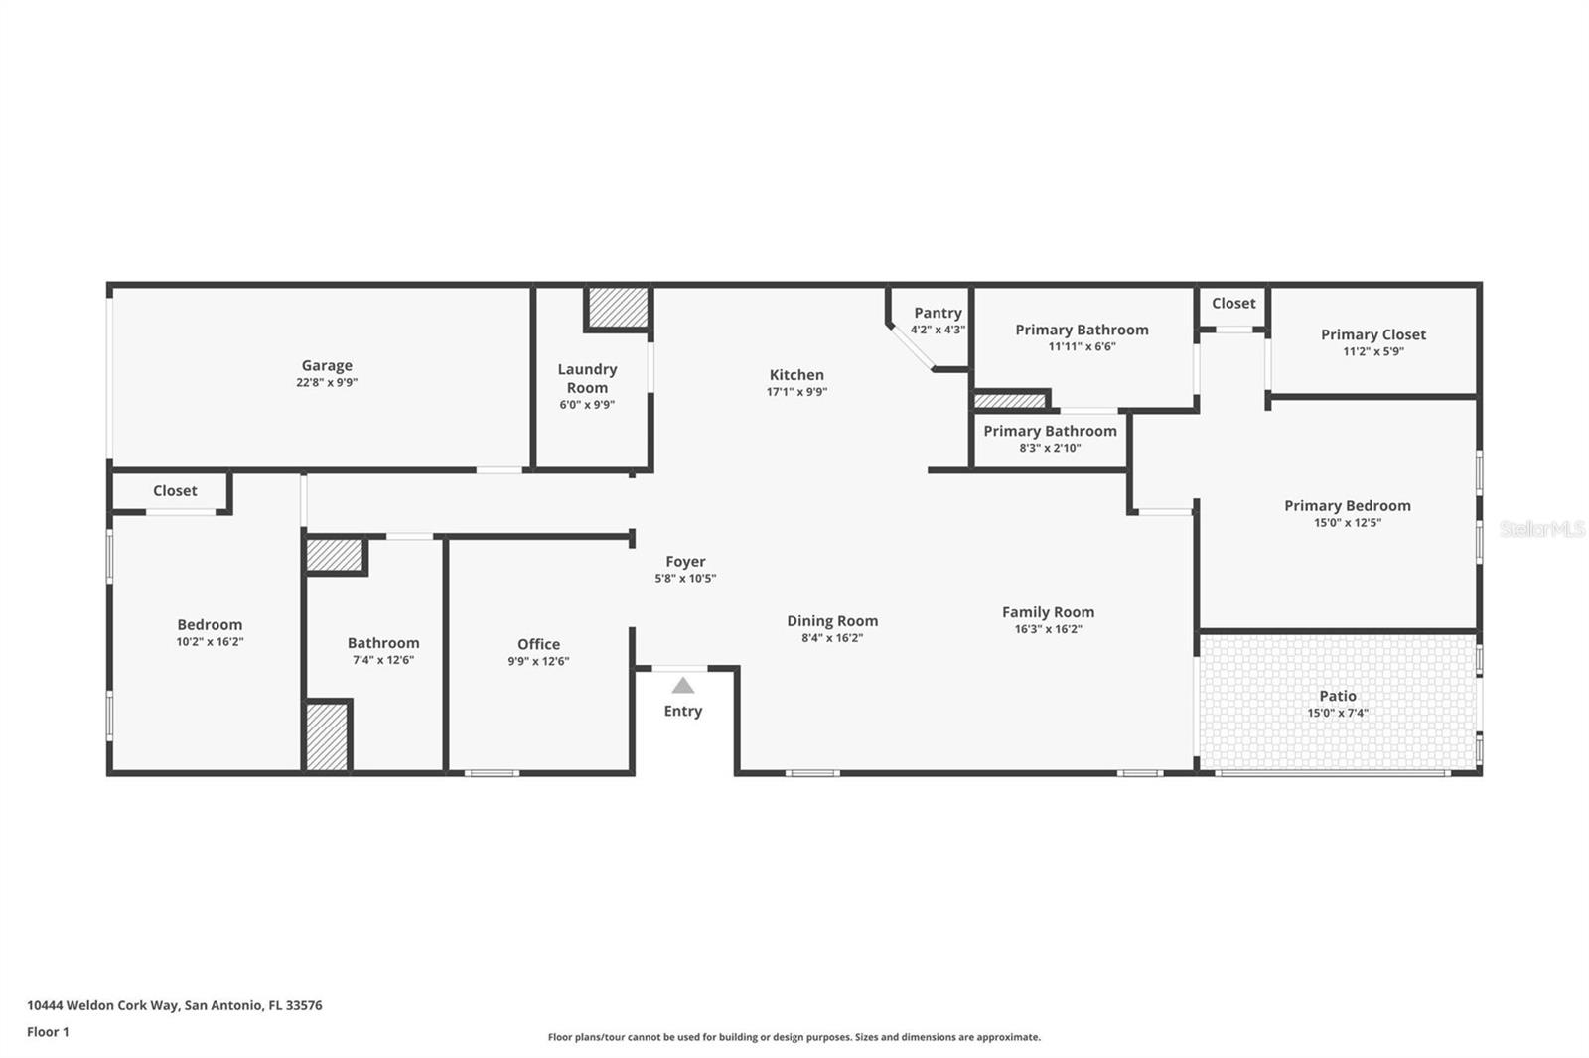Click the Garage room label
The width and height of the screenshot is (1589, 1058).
327,366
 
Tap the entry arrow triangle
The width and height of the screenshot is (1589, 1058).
683,685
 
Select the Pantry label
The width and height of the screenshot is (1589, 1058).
938,313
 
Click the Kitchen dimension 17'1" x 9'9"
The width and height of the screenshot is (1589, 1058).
796,392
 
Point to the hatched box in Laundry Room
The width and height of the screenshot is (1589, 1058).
618,308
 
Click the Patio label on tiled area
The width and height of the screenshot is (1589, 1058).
1338,696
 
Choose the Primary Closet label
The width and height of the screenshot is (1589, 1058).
1372,334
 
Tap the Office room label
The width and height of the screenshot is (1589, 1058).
538,644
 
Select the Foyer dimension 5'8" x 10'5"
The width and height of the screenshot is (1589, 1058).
685,578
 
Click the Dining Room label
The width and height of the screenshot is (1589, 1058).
832,621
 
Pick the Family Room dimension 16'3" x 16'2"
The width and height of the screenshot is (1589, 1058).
1048,629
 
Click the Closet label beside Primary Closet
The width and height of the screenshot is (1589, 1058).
1233,304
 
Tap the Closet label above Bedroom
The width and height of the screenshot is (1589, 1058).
175,491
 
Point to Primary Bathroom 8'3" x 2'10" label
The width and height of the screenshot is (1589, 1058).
1050,431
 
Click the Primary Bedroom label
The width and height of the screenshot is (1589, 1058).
1347,506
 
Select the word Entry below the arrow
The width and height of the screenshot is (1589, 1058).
683,711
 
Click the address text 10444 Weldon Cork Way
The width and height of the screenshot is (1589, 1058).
103,1005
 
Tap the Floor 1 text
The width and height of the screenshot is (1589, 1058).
48,1032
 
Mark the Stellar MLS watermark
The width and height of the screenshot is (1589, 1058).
1541,529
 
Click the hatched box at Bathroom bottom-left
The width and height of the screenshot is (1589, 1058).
327,736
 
